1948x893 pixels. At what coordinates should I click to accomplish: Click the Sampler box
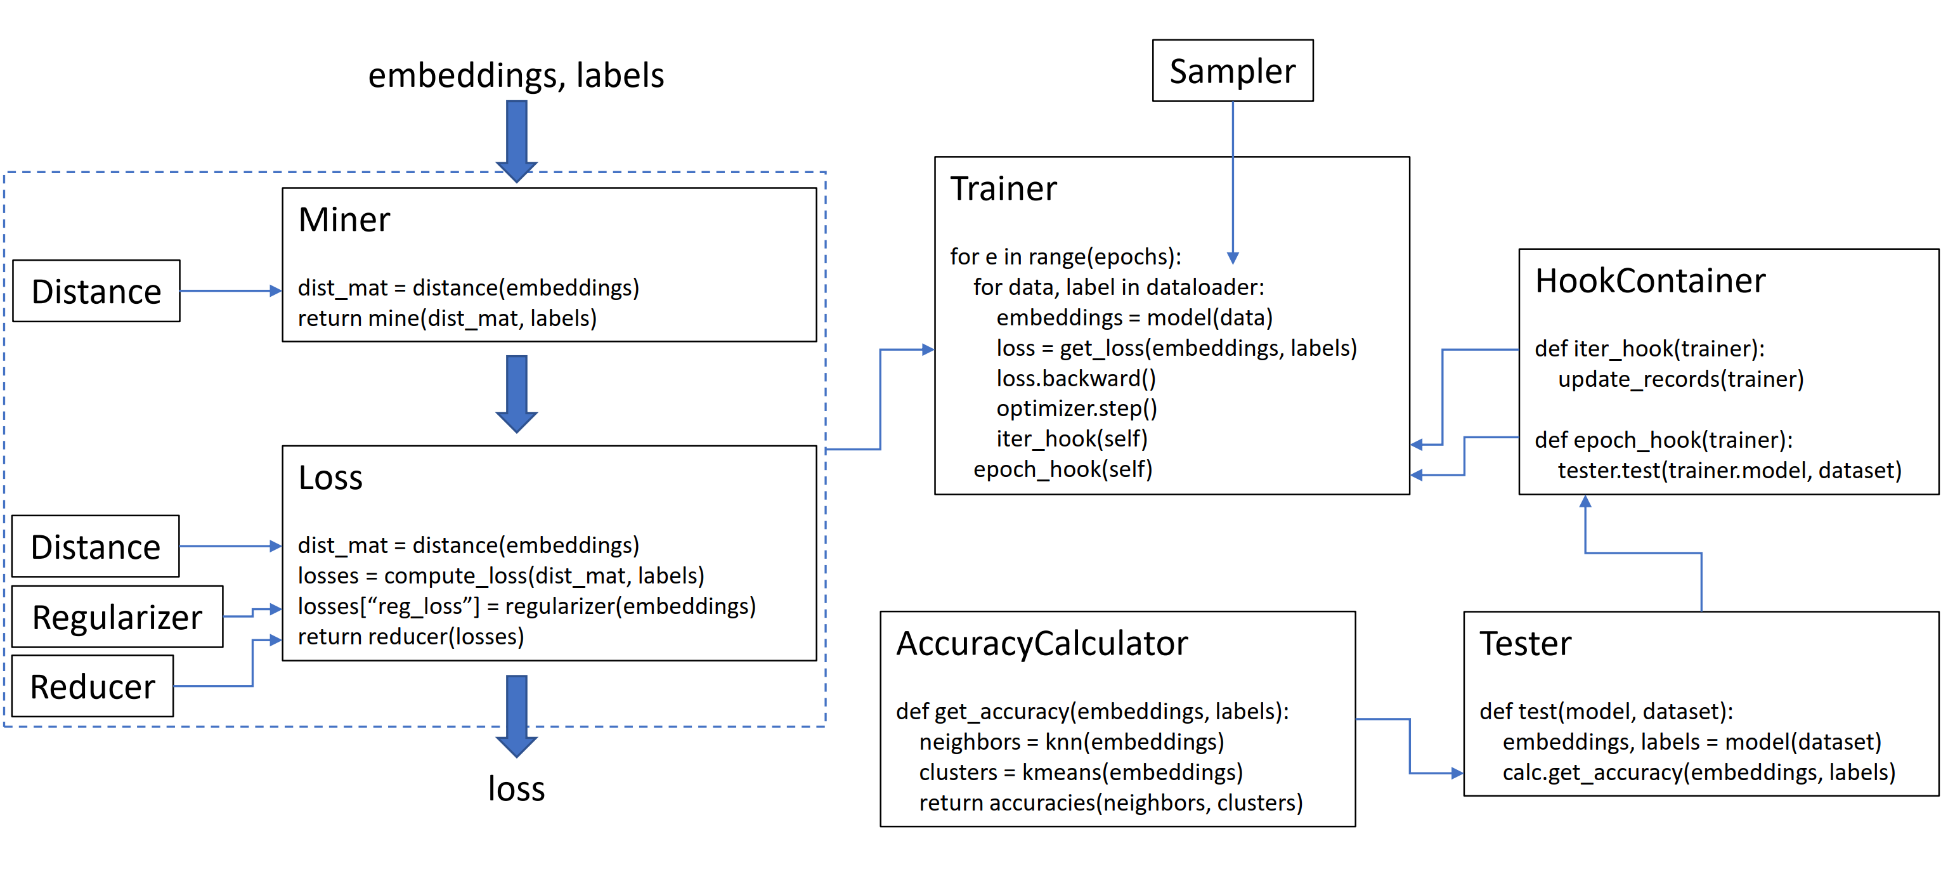click(1232, 71)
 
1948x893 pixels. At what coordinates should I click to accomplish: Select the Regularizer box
click(117, 617)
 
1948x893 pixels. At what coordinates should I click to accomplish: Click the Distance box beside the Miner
click(96, 292)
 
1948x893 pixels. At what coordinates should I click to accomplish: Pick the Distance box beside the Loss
click(95, 547)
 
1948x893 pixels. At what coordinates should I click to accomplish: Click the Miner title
click(344, 220)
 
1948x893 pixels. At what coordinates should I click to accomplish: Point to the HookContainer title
click(1649, 282)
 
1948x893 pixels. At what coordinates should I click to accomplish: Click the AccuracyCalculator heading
click(1041, 644)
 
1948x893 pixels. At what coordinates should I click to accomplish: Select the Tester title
click(1524, 644)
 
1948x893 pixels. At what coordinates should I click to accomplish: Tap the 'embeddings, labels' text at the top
click(516, 75)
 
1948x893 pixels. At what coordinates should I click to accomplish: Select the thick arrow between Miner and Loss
click(517, 393)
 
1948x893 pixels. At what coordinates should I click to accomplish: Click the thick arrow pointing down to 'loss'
click(517, 715)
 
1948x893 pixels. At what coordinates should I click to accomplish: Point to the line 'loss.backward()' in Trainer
click(1075, 378)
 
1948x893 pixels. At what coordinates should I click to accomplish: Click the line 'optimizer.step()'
click(1076, 408)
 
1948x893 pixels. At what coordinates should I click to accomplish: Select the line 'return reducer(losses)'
click(411, 637)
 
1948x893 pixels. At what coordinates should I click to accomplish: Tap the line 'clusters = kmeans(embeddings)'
click(1081, 772)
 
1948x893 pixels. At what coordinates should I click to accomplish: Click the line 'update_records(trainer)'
click(1680, 379)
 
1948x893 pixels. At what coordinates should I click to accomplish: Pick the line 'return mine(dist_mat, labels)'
click(447, 318)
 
